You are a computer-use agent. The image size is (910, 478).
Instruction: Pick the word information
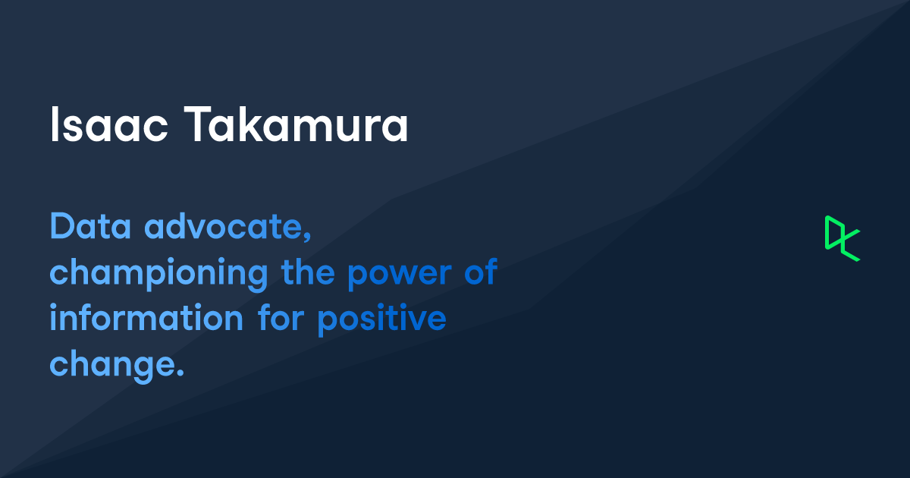(x=146, y=319)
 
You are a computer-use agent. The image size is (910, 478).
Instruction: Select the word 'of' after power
(x=480, y=273)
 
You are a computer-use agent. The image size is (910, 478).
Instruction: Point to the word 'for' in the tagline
(x=281, y=319)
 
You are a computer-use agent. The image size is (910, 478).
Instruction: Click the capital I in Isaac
(x=54, y=125)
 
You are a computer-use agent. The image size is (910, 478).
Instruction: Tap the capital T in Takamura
(x=194, y=125)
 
